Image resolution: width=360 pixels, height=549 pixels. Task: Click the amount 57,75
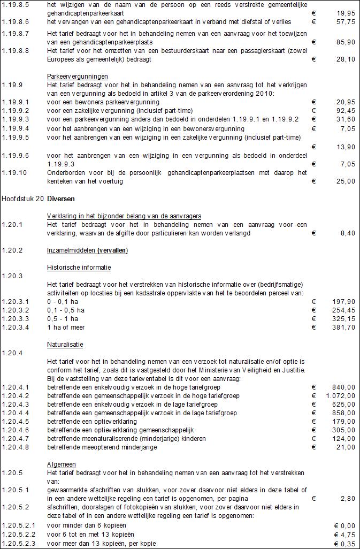(x=344, y=21)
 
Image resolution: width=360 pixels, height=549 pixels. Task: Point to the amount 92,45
(x=344, y=110)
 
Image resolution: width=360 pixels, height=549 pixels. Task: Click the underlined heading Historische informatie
(x=79, y=267)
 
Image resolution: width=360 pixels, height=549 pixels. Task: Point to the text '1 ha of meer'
(x=66, y=327)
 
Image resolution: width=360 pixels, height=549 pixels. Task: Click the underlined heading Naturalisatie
(x=65, y=344)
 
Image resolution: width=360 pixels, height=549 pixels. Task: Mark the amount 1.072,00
(x=340, y=395)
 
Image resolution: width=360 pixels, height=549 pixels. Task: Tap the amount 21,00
(x=344, y=447)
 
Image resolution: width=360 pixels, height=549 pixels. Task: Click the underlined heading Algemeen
(x=62, y=464)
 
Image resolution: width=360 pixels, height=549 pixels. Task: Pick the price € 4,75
(x=344, y=535)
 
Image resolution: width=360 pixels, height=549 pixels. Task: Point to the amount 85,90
(x=344, y=42)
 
